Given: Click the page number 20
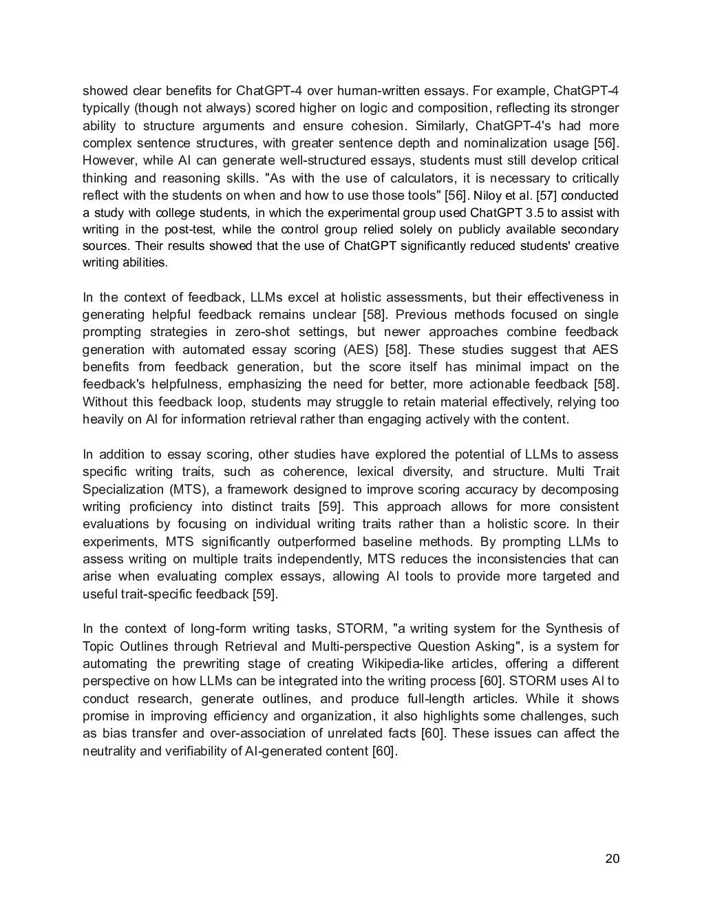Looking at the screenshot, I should point(613,858).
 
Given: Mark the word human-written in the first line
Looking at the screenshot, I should point(374,91).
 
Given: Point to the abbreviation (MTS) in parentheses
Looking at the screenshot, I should point(187,490).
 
